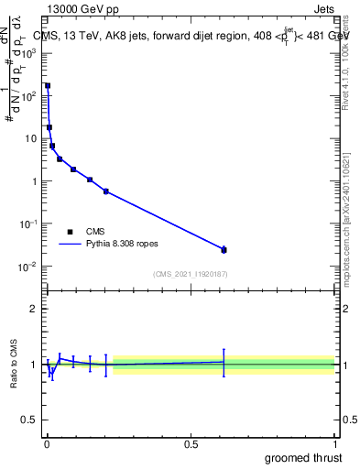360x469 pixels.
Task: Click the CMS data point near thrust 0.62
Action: coord(224,249)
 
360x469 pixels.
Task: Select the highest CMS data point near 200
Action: coord(48,85)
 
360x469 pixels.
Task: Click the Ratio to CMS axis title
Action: coord(15,364)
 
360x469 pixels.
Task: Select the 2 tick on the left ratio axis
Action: coord(33,309)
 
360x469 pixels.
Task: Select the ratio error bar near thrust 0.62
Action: coord(224,362)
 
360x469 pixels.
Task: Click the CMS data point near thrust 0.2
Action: coord(106,191)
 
